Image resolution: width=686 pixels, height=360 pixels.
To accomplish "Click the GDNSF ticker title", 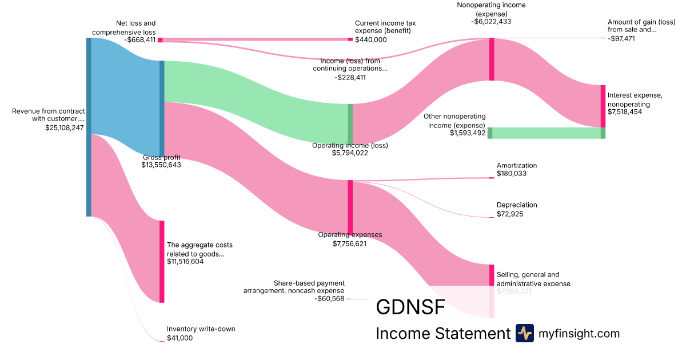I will point(410,307).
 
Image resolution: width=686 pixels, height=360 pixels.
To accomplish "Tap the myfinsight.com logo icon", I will point(524,333).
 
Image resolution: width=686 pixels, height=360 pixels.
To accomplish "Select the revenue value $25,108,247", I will point(65,128).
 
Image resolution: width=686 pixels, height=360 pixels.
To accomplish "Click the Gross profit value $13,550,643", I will point(162,165).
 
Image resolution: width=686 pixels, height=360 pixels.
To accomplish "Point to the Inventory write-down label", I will point(201,329).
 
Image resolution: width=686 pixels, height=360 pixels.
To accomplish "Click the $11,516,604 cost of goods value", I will point(185,262).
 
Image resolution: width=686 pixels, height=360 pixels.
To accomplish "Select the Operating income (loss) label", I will point(350,145).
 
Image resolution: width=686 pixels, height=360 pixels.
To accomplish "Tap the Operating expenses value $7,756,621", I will point(350,243).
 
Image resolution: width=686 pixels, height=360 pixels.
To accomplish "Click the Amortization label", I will point(517,165).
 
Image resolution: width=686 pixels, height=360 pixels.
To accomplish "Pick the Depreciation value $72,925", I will point(510,214).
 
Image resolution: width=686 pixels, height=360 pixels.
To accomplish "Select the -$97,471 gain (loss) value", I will point(621,38).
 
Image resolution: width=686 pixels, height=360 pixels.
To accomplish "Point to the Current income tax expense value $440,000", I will point(371,39).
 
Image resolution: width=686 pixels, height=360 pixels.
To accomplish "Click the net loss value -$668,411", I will point(139,40).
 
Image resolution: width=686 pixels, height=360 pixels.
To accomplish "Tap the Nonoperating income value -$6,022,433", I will point(491,21).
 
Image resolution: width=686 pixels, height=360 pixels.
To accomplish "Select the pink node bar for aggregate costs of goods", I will point(162,261).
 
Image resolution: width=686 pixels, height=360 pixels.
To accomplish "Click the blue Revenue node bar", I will point(89,127).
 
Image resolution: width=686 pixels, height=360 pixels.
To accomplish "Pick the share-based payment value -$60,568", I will point(329,298).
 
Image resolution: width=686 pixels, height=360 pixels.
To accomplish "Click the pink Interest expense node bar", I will point(603,106).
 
